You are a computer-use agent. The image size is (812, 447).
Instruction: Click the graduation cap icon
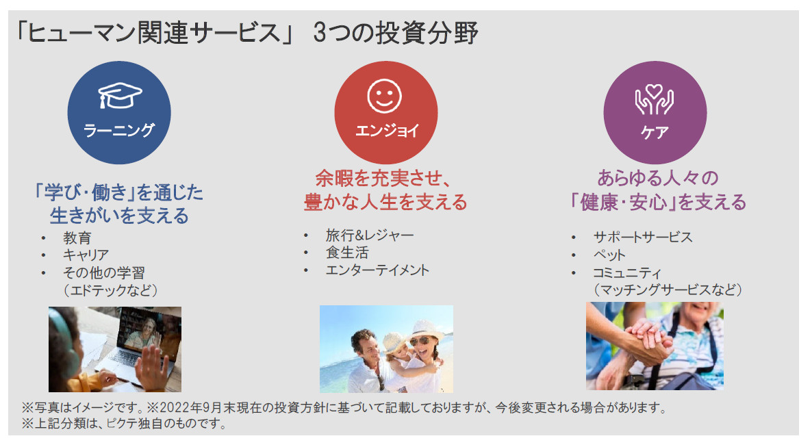pos(120,95)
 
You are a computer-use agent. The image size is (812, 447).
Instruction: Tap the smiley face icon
pos(384,96)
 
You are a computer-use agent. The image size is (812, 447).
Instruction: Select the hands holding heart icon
pos(655,99)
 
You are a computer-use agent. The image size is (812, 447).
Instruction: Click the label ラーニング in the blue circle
pos(119,130)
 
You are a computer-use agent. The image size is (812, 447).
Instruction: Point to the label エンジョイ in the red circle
pos(387,131)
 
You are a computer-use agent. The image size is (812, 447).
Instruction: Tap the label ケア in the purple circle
pos(655,133)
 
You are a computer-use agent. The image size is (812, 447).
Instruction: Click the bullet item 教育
pos(77,238)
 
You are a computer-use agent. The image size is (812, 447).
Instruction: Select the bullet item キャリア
pos(86,255)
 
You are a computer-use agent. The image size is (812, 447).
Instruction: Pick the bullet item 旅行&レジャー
pos(370,235)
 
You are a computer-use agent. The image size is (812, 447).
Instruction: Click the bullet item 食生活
pos(347,253)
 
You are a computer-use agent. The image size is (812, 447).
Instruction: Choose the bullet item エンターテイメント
pos(377,270)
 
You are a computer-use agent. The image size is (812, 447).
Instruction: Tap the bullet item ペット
pos(609,255)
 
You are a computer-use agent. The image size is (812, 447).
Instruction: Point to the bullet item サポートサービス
pos(643,238)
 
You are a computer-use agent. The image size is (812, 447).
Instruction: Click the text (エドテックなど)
pos(110,290)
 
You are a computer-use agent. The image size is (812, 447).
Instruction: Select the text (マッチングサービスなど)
pos(668,290)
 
